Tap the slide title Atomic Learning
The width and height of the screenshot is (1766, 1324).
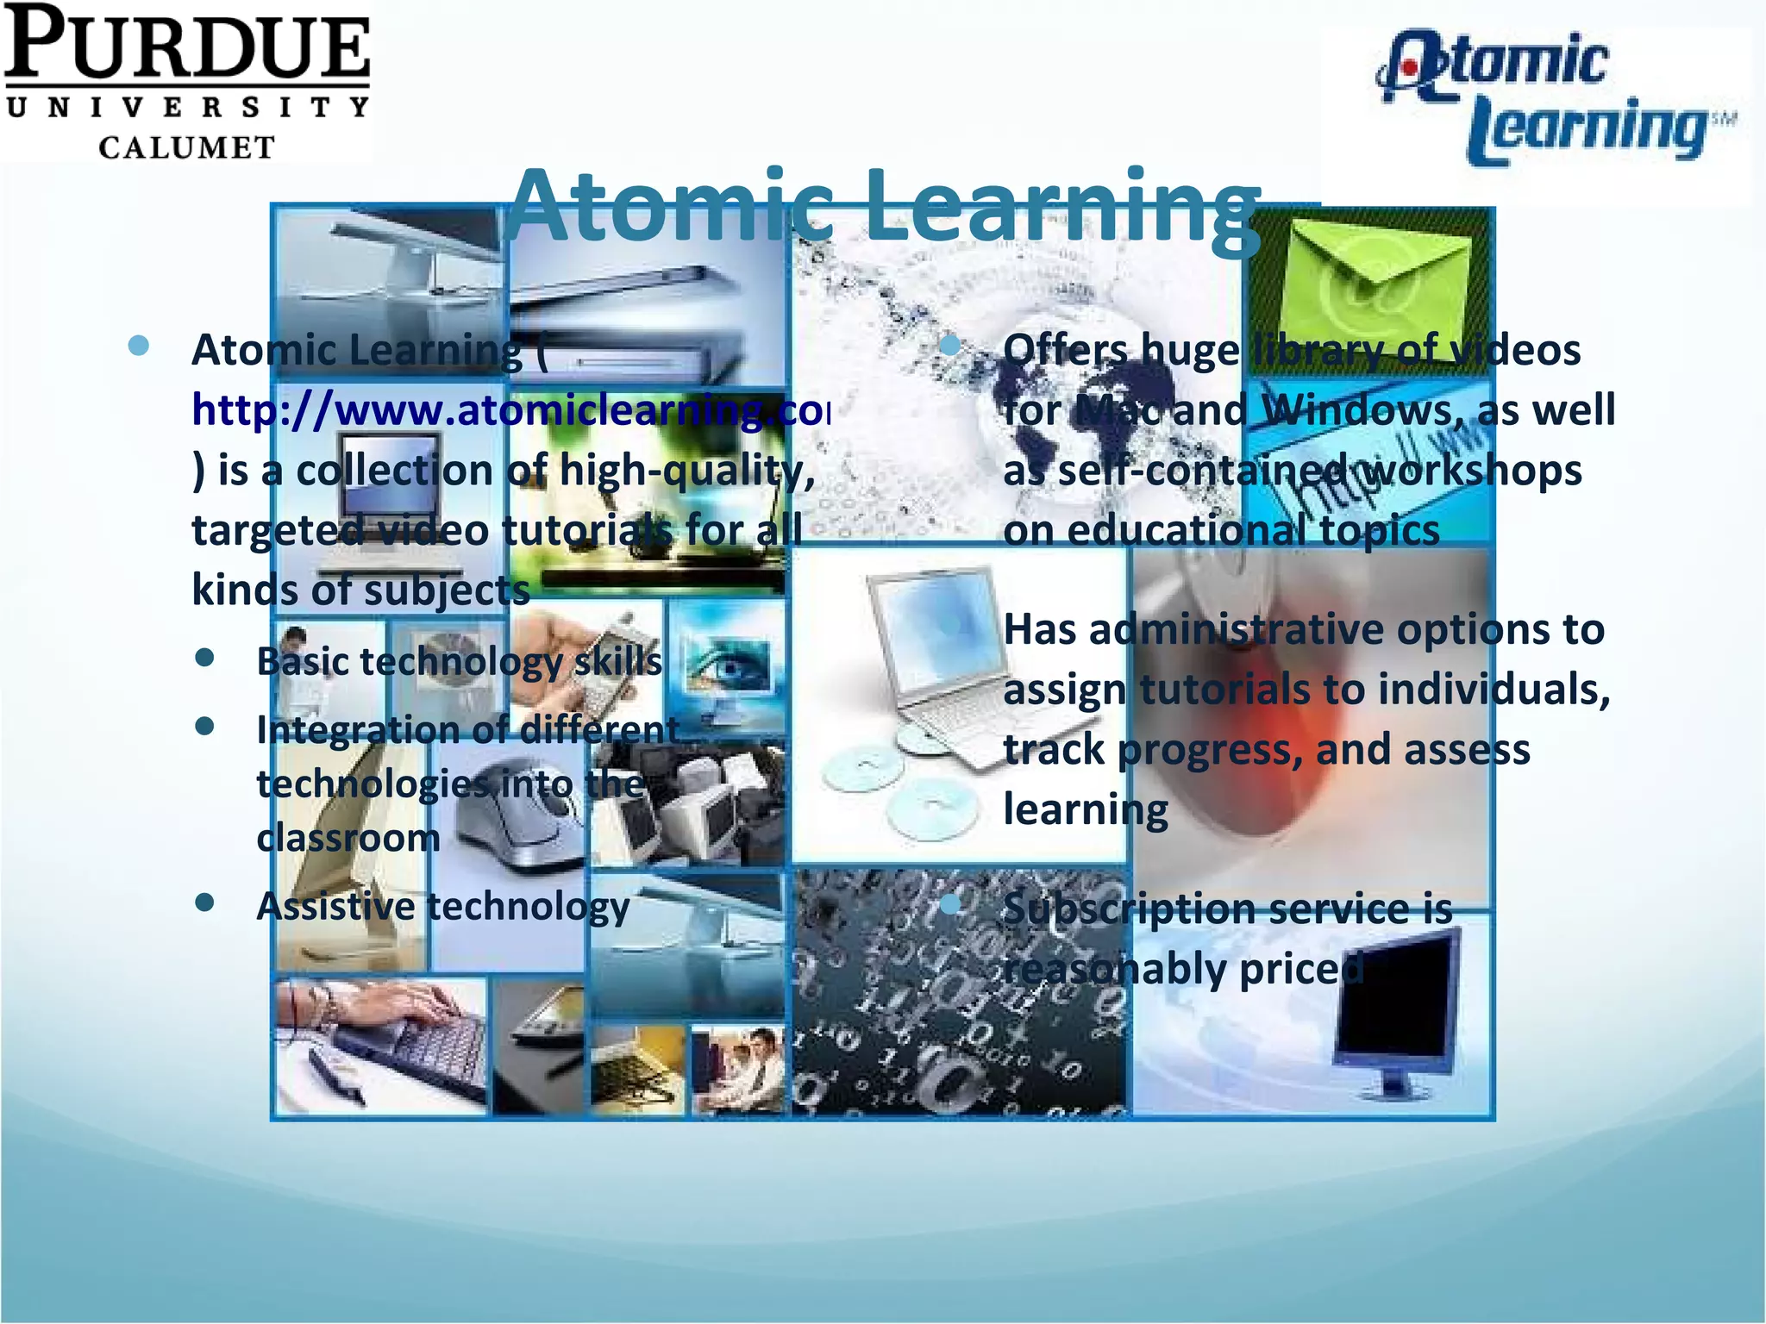coord(883,207)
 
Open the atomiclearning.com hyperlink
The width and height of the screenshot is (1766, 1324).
coord(509,410)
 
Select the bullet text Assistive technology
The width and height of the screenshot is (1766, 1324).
coord(443,907)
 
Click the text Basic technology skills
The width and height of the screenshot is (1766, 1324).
coord(459,662)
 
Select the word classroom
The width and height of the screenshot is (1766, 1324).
coord(348,838)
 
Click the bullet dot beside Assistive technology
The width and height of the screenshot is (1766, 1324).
coord(205,903)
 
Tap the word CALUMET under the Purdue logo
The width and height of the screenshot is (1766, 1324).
coord(186,147)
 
